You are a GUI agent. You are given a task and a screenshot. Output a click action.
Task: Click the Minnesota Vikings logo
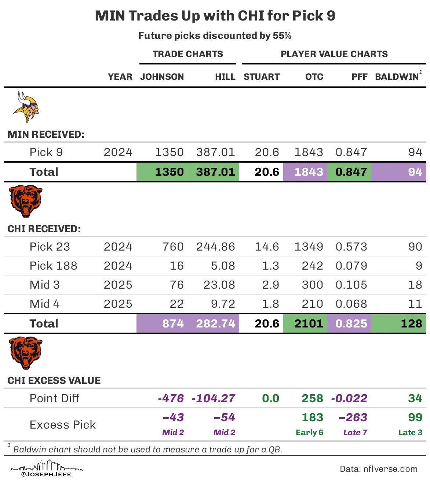[26, 107]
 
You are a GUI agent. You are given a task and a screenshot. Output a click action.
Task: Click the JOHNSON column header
[162, 77]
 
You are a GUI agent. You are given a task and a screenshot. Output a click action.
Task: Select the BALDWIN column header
[397, 77]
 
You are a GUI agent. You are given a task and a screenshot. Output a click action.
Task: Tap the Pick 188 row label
[53, 266]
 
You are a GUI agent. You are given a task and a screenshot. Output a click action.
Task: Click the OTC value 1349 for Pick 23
[309, 247]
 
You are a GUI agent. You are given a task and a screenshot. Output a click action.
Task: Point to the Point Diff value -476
[171, 398]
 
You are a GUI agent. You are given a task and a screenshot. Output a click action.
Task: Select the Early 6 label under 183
[309, 433]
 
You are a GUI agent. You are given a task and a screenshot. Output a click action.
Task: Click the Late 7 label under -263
[355, 433]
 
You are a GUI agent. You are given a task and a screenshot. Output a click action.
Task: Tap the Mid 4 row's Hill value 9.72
[223, 304]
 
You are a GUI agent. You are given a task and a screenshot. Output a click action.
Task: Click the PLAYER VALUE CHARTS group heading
[334, 54]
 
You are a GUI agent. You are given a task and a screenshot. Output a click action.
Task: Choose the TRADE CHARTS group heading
[188, 54]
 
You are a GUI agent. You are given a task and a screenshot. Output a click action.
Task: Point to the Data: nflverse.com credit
[378, 469]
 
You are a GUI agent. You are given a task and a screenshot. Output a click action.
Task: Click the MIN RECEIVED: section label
[46, 134]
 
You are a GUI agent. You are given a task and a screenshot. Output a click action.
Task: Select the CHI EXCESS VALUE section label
[54, 381]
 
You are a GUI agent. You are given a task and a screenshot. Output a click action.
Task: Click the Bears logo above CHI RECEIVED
[26, 201]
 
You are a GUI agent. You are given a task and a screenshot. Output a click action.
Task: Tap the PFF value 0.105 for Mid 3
[351, 285]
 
